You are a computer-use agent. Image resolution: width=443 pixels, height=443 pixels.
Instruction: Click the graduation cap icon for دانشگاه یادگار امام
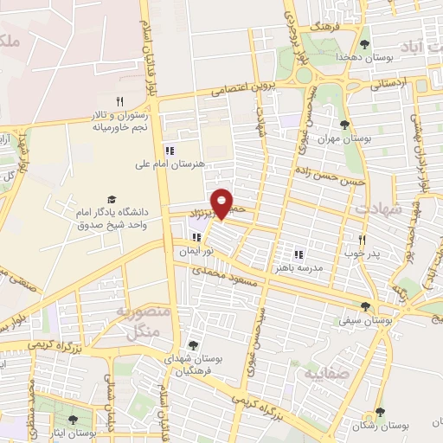pos(111,200)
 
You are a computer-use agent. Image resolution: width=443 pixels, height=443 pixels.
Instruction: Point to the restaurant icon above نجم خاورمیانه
pos(120,101)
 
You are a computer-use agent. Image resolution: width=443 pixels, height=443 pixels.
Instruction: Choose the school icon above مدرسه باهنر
pos(299,255)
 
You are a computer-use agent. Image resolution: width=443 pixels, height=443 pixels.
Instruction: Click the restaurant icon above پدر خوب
pos(362,240)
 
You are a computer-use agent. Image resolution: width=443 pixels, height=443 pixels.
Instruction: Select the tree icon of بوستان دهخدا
pos(365,43)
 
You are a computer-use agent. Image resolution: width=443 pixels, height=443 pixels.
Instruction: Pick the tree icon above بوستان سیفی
pos(365,305)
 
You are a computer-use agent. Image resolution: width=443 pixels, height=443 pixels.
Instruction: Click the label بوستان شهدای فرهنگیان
pos(192,365)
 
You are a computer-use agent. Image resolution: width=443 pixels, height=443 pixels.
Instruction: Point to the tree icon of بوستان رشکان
pos(379,413)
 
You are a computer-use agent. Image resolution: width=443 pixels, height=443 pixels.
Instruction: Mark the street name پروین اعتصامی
pos(244,89)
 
